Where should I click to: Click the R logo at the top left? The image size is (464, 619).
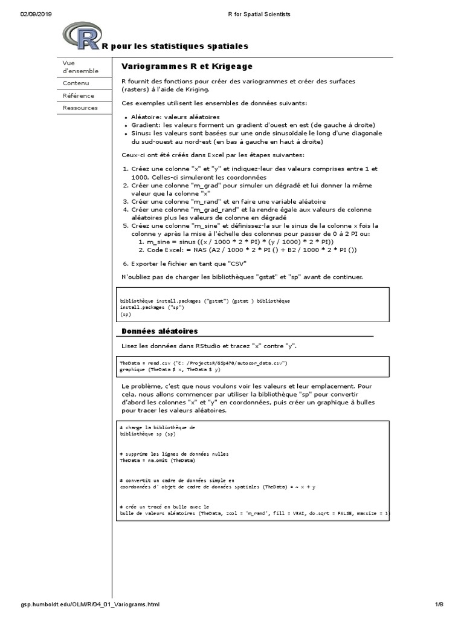(x=82, y=37)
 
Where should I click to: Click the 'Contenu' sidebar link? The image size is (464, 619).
(x=76, y=83)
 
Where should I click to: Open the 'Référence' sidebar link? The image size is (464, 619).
(x=78, y=96)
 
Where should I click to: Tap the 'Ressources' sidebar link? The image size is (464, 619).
(x=80, y=108)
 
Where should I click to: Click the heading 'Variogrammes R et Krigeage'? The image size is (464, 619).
(x=187, y=66)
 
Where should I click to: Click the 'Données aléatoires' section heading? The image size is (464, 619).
(x=159, y=331)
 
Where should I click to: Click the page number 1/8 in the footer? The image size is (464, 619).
(x=439, y=604)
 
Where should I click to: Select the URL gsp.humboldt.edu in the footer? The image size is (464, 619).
(x=91, y=604)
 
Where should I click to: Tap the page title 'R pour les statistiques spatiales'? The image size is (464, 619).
(x=175, y=47)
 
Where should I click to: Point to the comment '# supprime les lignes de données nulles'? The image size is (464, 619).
(x=174, y=453)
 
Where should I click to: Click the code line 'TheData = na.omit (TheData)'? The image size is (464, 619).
(x=157, y=460)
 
